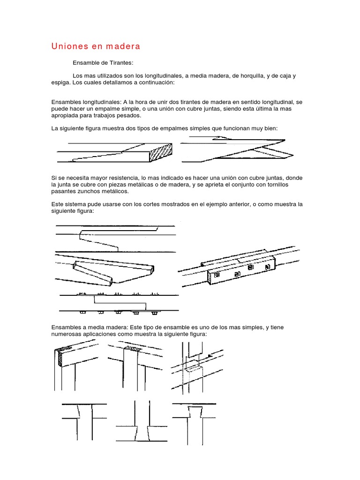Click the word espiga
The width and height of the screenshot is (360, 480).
62,82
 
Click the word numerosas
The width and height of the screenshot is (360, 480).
66,334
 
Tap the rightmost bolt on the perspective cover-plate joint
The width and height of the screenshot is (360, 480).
268,268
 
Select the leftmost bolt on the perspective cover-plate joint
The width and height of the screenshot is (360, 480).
217,276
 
